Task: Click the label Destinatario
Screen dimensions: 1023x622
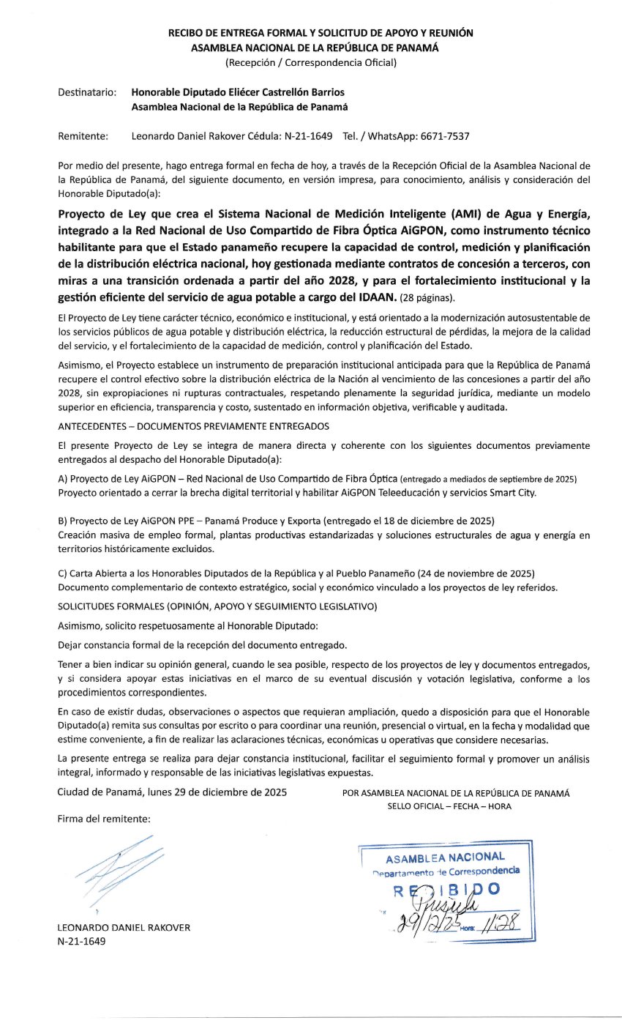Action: point(86,93)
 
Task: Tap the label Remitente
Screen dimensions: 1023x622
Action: point(83,136)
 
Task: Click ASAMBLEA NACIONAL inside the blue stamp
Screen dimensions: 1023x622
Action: point(445,858)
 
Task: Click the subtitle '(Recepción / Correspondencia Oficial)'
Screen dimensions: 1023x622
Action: point(311,62)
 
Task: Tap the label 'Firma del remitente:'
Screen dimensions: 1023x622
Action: point(104,819)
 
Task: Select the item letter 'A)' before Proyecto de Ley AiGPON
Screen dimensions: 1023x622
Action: point(63,479)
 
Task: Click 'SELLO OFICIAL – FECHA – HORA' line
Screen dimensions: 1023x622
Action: point(449,806)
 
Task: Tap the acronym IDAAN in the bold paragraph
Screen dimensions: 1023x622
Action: point(375,297)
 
